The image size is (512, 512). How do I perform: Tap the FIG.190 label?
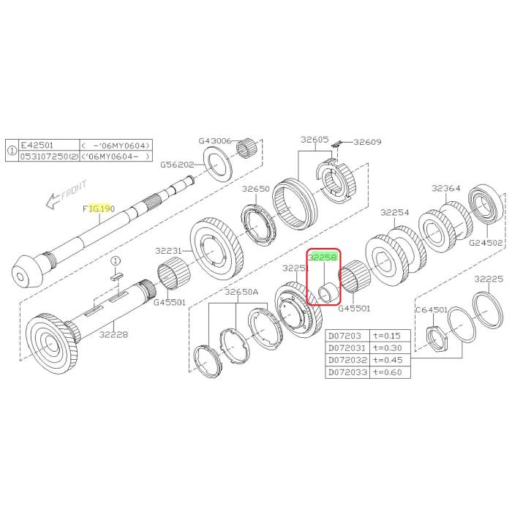(99, 208)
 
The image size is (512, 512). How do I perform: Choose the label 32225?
(488, 279)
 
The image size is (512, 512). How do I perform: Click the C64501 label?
(432, 310)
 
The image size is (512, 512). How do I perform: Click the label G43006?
(214, 141)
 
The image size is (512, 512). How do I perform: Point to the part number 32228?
(113, 335)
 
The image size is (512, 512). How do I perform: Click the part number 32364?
(445, 189)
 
